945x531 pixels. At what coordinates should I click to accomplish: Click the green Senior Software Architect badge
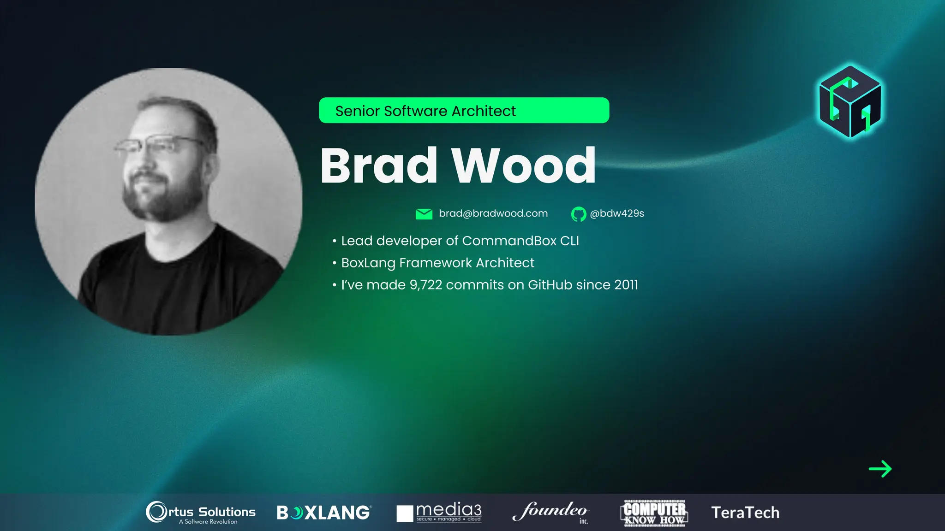tap(464, 111)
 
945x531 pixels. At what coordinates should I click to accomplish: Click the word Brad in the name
tap(378, 165)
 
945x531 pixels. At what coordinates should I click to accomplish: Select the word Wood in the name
tap(524, 165)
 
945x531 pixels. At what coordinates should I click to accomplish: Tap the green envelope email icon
tap(424, 214)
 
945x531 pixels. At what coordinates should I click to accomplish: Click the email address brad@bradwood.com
tap(493, 213)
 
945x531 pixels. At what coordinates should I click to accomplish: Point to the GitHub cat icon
tap(578, 214)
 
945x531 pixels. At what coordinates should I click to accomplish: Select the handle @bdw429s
tap(617, 213)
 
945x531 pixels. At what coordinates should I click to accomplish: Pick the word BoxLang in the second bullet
tap(368, 263)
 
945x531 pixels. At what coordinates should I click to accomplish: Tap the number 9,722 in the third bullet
tap(425, 285)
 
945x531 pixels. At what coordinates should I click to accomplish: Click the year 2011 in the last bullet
tap(626, 285)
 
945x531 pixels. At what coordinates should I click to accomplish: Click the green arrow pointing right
tap(880, 469)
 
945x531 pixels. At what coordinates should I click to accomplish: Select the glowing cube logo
tap(850, 101)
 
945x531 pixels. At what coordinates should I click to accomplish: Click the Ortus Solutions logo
tap(201, 512)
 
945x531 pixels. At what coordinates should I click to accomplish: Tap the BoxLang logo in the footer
tap(323, 513)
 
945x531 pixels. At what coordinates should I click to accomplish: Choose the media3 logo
tap(439, 512)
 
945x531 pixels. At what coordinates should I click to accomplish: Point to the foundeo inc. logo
tap(550, 512)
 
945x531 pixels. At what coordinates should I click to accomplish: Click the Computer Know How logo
tap(654, 513)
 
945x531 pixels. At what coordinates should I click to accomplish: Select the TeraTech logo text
tap(745, 513)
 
